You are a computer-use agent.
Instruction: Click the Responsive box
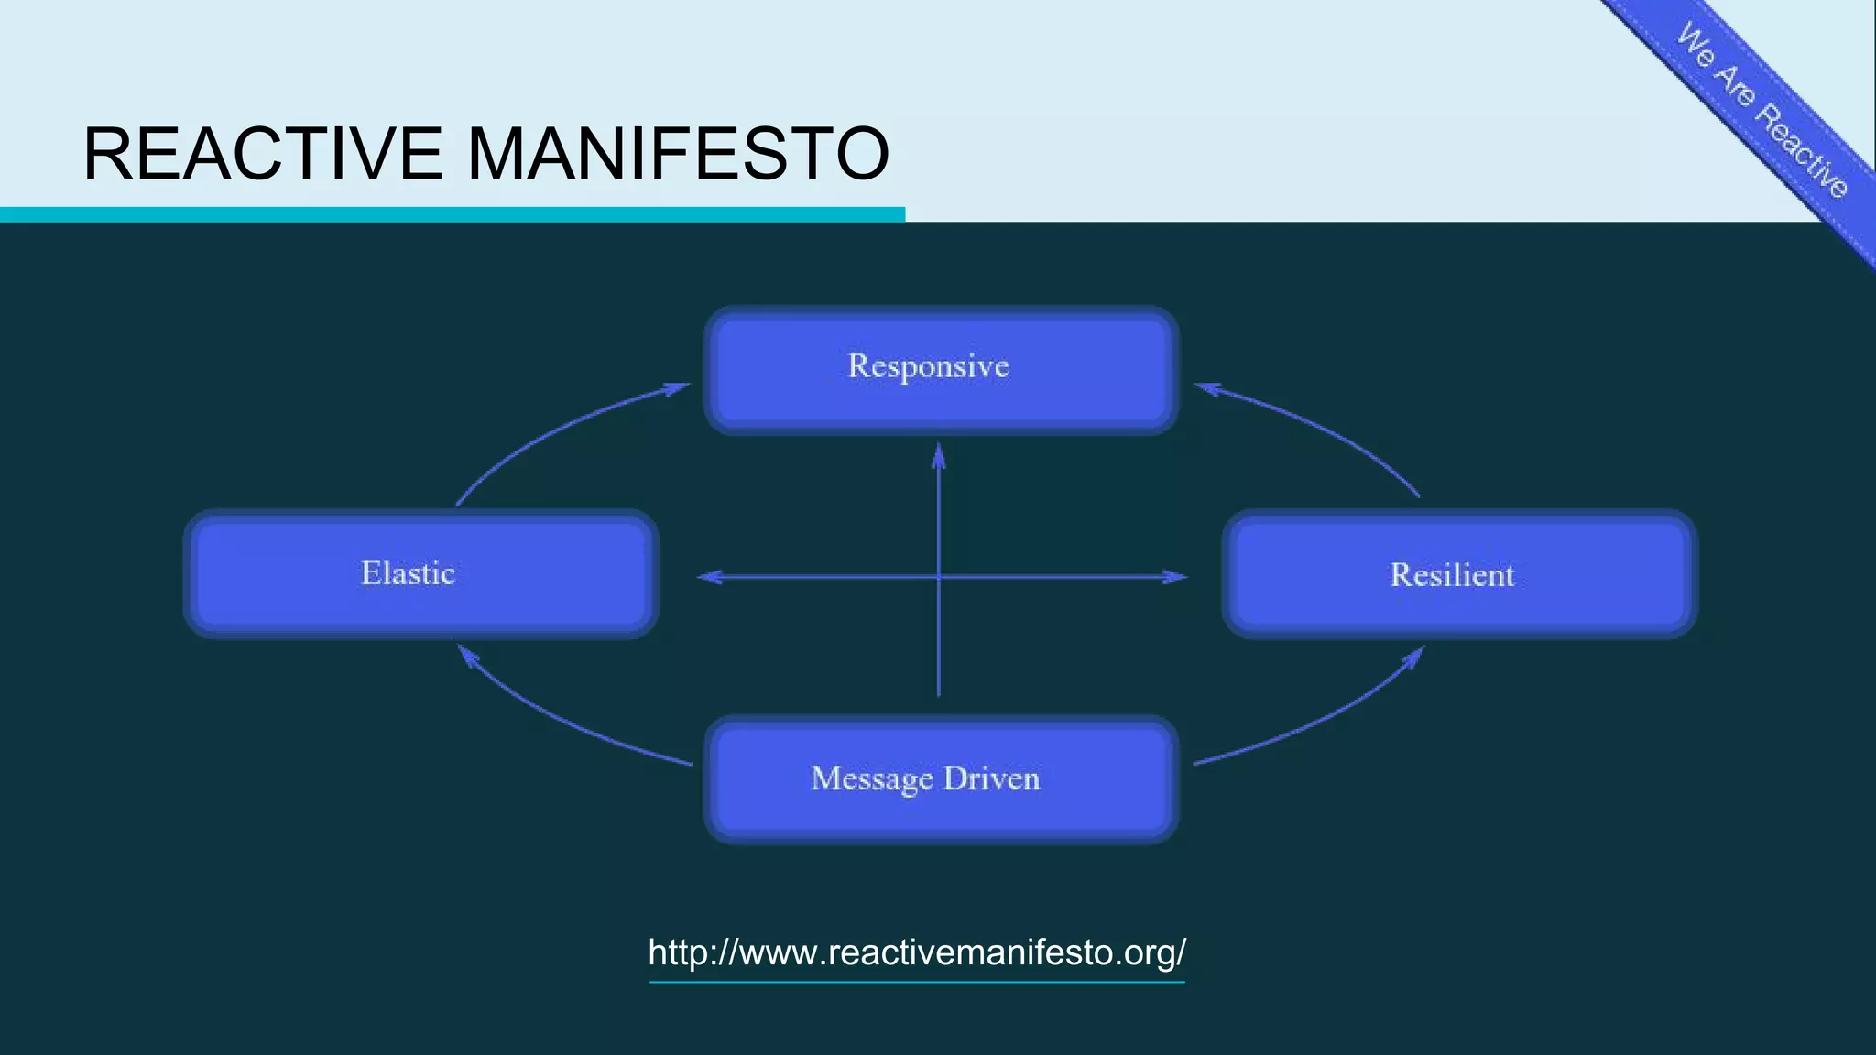pos(941,369)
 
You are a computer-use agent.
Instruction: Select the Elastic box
pos(420,574)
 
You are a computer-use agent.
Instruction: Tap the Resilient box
pos(1459,574)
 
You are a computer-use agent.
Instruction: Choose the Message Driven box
pos(941,779)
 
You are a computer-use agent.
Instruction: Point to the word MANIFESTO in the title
pos(678,154)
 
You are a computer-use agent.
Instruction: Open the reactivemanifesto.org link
pos(917,952)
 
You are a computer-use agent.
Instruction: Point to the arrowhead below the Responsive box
pos(938,455)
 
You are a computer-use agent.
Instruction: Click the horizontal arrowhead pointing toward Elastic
pos(710,577)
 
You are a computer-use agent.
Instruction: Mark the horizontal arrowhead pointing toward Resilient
pos(1174,577)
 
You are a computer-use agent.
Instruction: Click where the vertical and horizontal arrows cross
pos(938,577)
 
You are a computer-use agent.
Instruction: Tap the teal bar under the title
pos(453,214)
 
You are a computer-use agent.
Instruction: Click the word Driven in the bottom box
pos(992,778)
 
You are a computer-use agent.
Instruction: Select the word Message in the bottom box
pos(872,779)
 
